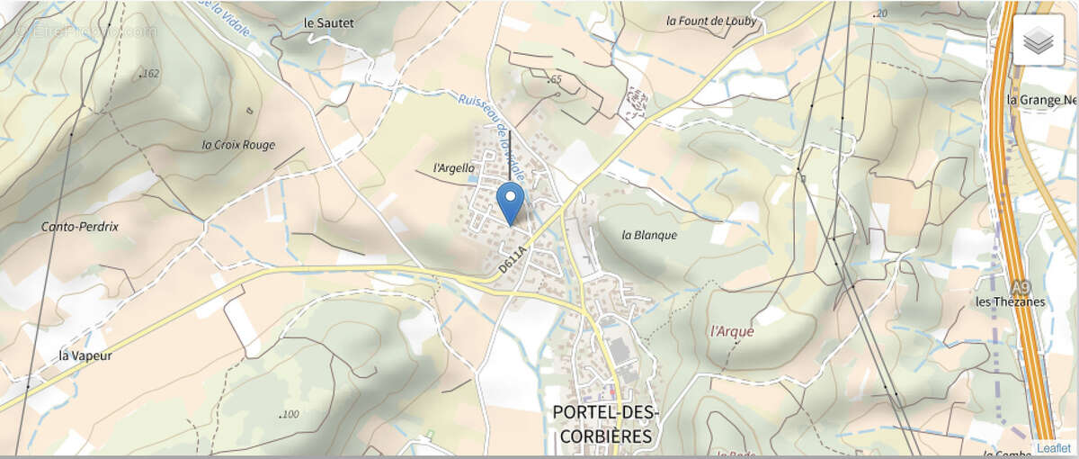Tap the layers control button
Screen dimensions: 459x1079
pos(1038,40)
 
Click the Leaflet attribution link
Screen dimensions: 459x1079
pos(1053,447)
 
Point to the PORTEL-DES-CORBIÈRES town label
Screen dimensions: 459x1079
pos(605,424)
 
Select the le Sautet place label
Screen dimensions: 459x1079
pos(328,22)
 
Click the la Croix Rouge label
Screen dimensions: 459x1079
pos(238,144)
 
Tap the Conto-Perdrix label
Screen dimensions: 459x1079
pos(80,227)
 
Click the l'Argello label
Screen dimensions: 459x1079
pos(453,167)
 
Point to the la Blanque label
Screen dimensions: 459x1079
pos(648,235)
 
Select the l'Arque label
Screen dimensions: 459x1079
pos(732,330)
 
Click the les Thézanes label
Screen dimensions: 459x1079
pos(1011,301)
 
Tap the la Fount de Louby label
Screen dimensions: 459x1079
pos(711,21)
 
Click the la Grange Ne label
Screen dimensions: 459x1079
pos(1041,99)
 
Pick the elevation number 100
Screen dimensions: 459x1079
pos(290,414)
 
